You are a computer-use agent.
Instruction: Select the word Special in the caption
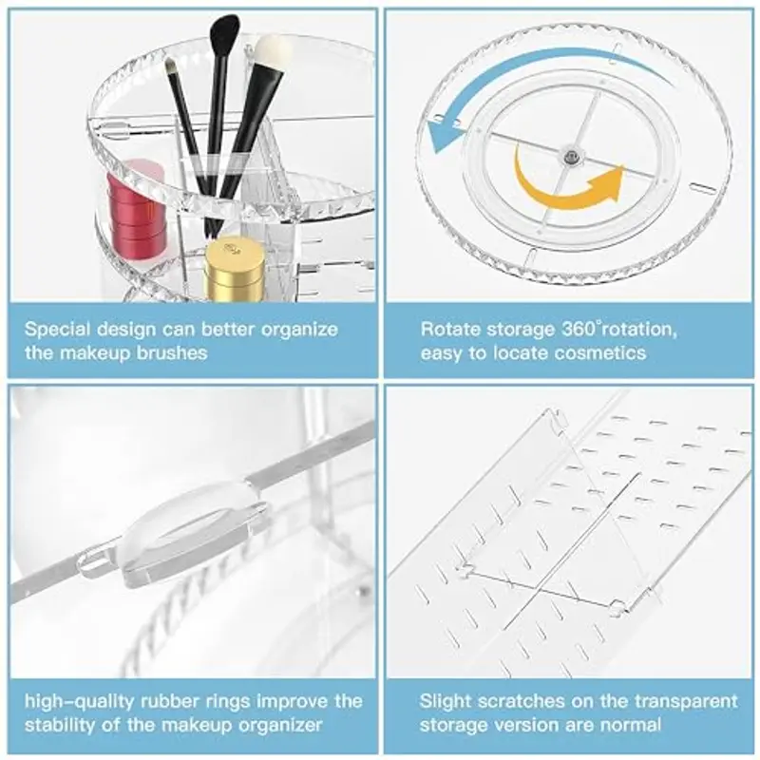(58, 330)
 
